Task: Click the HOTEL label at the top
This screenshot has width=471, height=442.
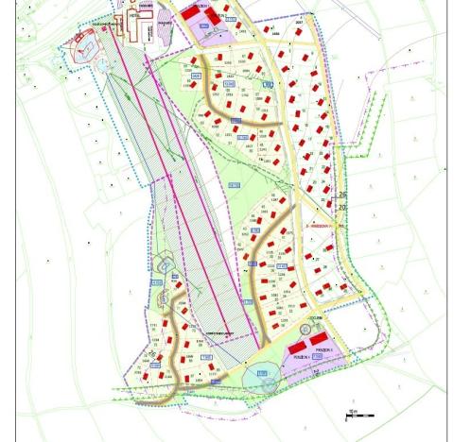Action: pyautogui.click(x=134, y=16)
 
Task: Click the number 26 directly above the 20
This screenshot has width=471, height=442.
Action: pyautogui.click(x=342, y=195)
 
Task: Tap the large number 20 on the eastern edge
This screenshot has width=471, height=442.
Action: pyautogui.click(x=342, y=207)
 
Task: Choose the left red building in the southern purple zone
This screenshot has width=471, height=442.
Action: pyautogui.click(x=297, y=348)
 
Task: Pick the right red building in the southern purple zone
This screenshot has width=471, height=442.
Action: pyautogui.click(x=321, y=338)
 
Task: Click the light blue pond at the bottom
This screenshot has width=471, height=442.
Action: pyautogui.click(x=261, y=378)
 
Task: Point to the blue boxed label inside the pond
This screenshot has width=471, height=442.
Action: pyautogui.click(x=262, y=374)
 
